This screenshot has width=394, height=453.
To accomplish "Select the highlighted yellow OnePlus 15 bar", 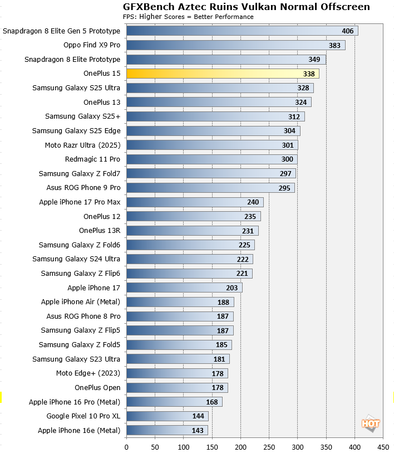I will [x=223, y=74].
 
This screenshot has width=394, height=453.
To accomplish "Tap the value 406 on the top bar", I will [x=348, y=31].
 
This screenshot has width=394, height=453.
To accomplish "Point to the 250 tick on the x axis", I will [x=269, y=446].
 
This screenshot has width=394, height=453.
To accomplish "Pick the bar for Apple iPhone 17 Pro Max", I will [x=195, y=202].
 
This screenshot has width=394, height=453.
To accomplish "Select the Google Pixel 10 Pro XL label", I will [x=83, y=416].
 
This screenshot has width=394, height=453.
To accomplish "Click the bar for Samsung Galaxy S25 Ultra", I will [x=220, y=88].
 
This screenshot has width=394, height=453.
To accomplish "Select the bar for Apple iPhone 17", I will [x=184, y=288].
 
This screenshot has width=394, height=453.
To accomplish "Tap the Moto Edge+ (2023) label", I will [x=88, y=373].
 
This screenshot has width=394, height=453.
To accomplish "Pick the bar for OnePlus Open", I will [x=177, y=387].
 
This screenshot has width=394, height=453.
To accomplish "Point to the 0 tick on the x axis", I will [x=126, y=446].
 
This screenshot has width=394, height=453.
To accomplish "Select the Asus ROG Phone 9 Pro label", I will [x=83, y=188].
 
